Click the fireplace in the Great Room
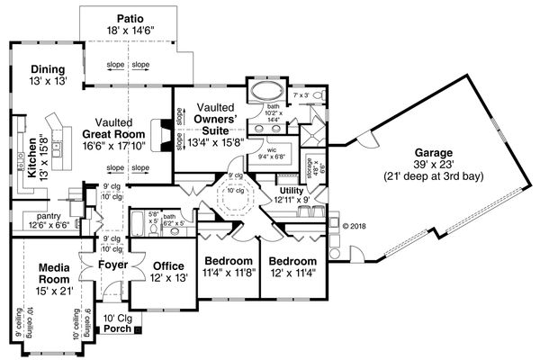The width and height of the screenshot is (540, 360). click(x=161, y=135)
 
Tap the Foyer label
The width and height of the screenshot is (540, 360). click(x=112, y=265)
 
